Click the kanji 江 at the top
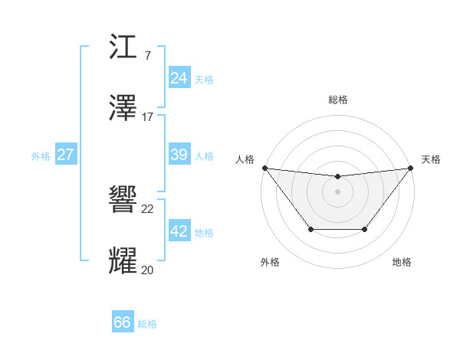124,48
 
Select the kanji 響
124,201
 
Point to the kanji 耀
124,260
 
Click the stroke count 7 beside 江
148,56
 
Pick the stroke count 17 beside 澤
148,116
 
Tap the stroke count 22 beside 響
148,209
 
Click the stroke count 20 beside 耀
148,269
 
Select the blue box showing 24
179,78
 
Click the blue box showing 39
179,155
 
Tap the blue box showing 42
179,231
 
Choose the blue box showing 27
65,155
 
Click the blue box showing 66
122,322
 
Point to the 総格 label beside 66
147,324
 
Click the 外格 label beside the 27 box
41,156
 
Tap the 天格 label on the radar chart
431,159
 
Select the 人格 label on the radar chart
245,159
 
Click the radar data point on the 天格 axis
412,168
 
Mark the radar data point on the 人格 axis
264,168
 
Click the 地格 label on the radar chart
402,262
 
